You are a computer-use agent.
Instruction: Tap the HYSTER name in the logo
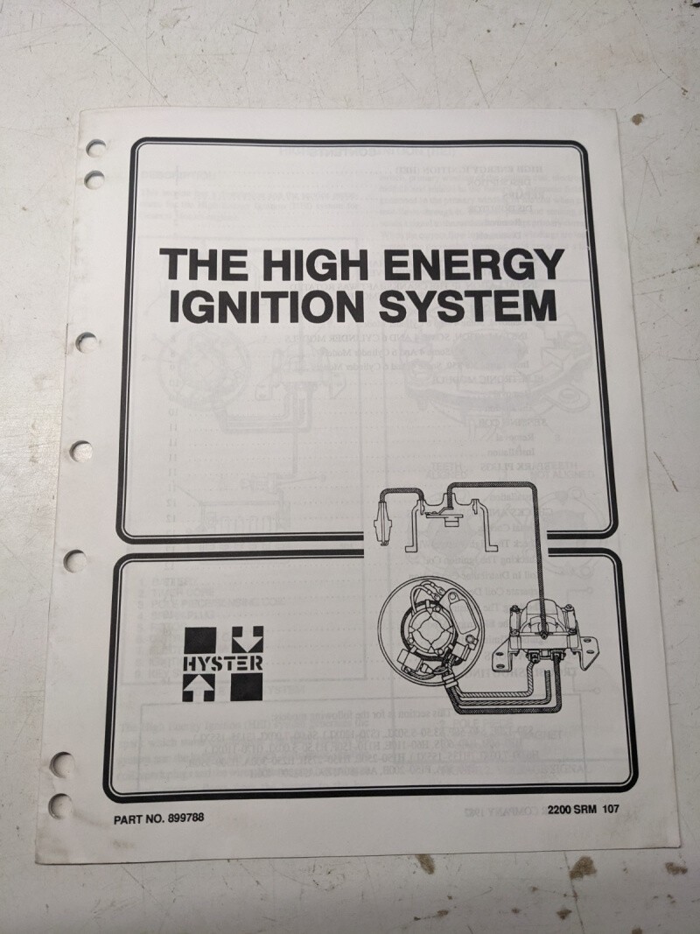pyautogui.click(x=222, y=664)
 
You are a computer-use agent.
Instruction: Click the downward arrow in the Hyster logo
pyautogui.click(x=246, y=640)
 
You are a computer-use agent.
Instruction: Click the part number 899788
pyautogui.click(x=185, y=818)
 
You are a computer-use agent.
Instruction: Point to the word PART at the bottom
pyautogui.click(x=129, y=819)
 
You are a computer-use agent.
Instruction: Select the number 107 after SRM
pyautogui.click(x=610, y=809)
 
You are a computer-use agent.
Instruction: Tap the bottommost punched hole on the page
pyautogui.click(x=60, y=805)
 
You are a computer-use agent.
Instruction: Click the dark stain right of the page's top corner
pyautogui.click(x=638, y=119)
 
